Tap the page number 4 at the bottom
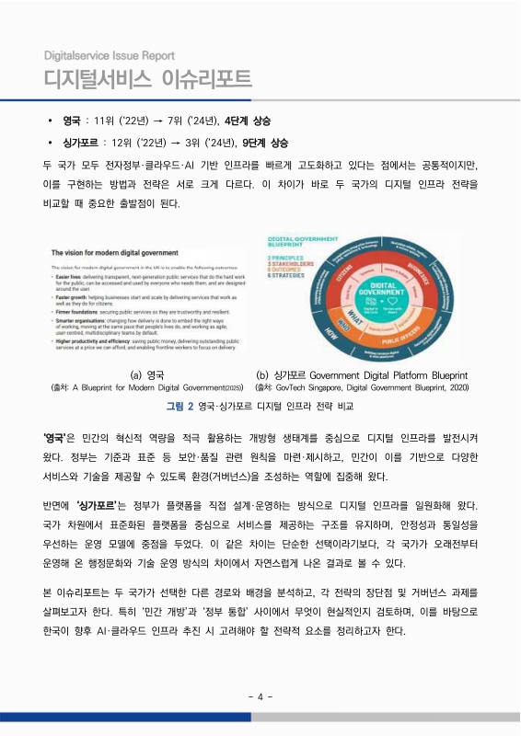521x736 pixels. (260, 696)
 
